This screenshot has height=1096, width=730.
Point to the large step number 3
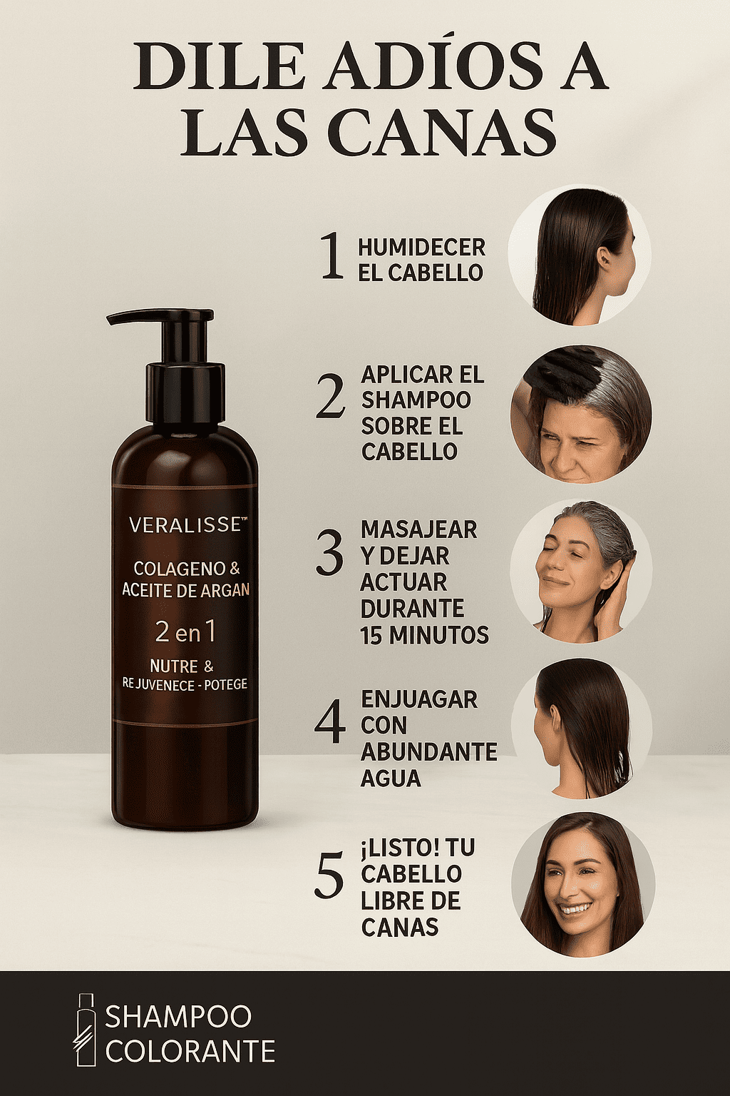pos(330,554)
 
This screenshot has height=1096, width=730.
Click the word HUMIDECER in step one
pos(422,247)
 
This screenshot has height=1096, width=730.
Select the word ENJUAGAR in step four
pos(419,699)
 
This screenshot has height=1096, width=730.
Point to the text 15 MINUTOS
pos(424,634)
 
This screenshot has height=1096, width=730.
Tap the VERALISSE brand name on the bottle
pos(187,525)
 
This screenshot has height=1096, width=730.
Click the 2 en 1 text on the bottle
pos(185,633)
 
